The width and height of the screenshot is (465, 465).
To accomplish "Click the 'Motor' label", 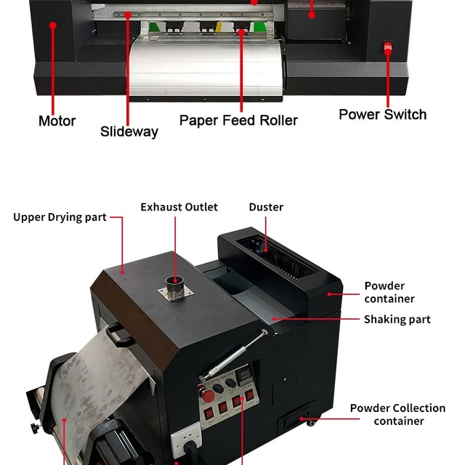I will pyautogui.click(x=57, y=121).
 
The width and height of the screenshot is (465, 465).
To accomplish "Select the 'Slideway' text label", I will pyautogui.click(x=129, y=132).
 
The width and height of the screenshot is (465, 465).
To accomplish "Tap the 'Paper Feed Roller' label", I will pyautogui.click(x=238, y=120).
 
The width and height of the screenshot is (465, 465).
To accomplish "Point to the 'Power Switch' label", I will pyautogui.click(x=382, y=114).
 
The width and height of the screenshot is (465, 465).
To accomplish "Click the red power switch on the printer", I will pyautogui.click(x=388, y=49).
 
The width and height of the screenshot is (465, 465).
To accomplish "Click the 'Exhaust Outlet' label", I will pyautogui.click(x=179, y=207).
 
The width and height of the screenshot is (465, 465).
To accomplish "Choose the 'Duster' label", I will pyautogui.click(x=266, y=207).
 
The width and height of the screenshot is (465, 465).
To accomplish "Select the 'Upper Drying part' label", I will pyautogui.click(x=60, y=217).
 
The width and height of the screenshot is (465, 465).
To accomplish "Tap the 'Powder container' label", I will pyautogui.click(x=389, y=292).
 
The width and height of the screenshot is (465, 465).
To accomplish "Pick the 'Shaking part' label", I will pyautogui.click(x=397, y=320).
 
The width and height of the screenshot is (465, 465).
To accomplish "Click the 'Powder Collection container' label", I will pyautogui.click(x=397, y=414).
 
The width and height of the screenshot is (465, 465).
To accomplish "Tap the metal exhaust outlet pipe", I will pyautogui.click(x=174, y=283).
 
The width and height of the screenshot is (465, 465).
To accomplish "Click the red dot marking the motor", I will pyautogui.click(x=53, y=25).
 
